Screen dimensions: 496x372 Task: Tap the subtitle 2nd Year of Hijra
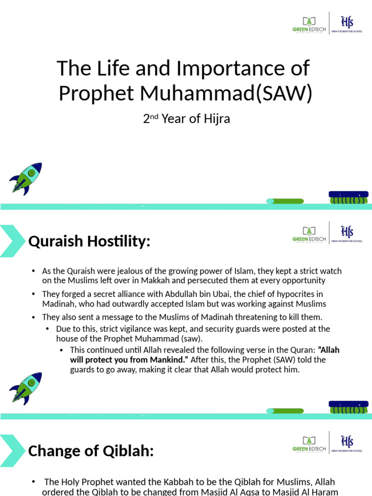186,119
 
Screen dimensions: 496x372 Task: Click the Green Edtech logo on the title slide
309,25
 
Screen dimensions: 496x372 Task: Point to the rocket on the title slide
26,178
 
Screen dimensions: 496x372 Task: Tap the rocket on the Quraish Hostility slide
26,388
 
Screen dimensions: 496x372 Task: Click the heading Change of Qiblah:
91,451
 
